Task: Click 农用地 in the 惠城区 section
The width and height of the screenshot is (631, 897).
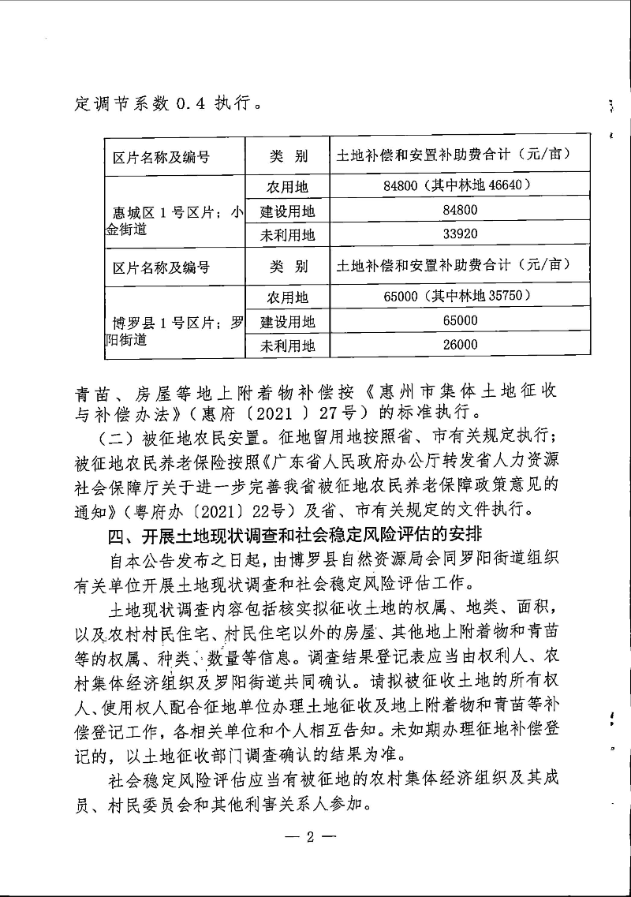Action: coord(287,187)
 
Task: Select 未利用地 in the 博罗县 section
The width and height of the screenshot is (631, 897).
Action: coord(287,345)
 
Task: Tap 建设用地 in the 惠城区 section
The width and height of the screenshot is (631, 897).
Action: coord(287,211)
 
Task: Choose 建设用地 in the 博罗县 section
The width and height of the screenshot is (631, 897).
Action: coord(287,321)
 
